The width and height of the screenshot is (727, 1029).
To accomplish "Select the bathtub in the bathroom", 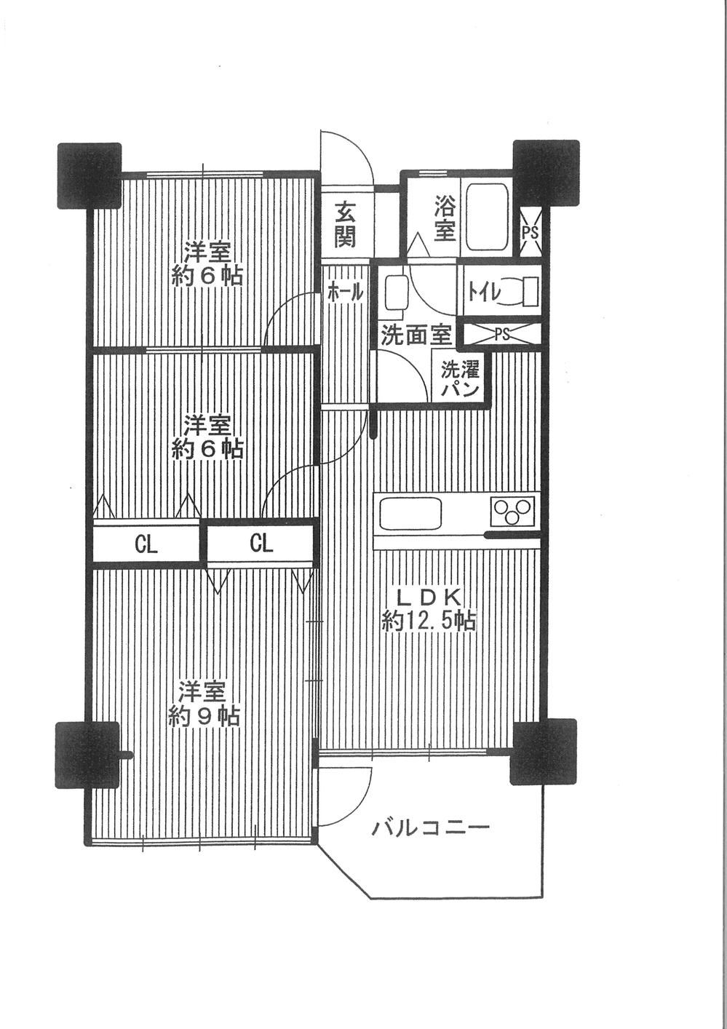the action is pyautogui.click(x=487, y=217).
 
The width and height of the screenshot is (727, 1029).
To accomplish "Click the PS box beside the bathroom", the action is pyautogui.click(x=530, y=232).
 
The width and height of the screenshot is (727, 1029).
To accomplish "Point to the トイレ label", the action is pyautogui.click(x=482, y=292).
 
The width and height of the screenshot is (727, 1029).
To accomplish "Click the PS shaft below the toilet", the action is pyautogui.click(x=502, y=334).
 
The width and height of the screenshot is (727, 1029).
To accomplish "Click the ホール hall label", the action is pyautogui.click(x=346, y=292).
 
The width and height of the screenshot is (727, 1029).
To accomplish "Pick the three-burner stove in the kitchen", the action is pyautogui.click(x=513, y=511).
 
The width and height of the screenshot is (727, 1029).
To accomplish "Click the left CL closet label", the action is pyautogui.click(x=146, y=545).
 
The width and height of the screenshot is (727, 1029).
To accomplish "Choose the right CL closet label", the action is pyautogui.click(x=262, y=544).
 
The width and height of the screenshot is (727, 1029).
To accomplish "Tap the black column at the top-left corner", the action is pyautogui.click(x=89, y=176).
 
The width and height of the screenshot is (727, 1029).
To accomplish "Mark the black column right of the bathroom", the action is pyautogui.click(x=546, y=172).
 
